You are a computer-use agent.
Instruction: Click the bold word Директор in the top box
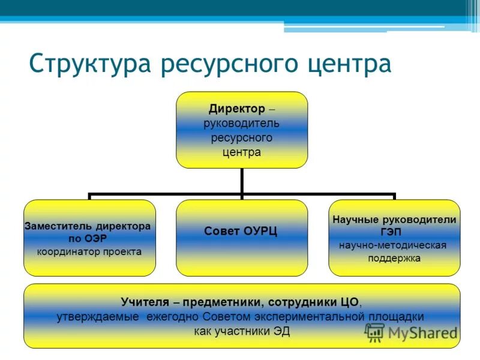(236, 109)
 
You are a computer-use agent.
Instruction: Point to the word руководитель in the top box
(241, 123)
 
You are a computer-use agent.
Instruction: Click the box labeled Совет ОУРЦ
(241, 238)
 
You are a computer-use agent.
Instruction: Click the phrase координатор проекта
(89, 251)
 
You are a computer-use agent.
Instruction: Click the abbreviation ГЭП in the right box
(395, 232)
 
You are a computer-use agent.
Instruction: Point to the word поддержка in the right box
(394, 259)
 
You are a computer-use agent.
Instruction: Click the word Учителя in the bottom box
(142, 302)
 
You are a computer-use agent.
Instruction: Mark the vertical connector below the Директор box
(241, 181)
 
